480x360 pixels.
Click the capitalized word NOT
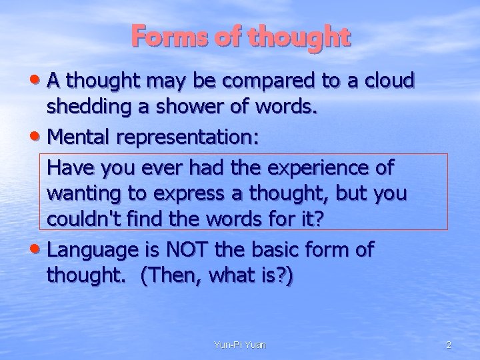(x=199, y=250)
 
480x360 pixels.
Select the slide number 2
(x=449, y=345)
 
